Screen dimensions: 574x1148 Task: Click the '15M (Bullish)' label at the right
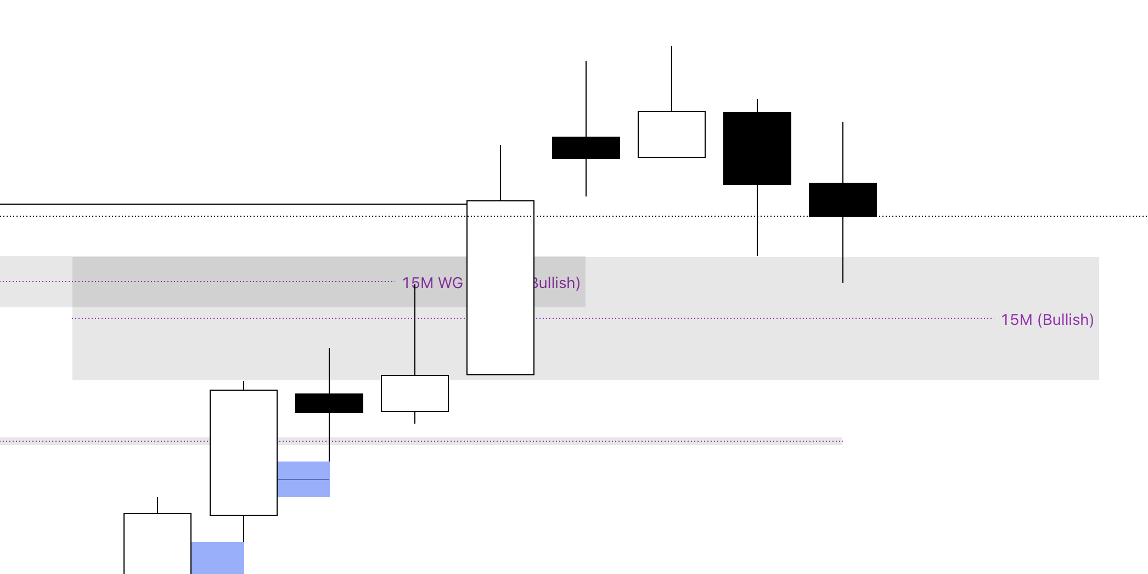coord(1047,319)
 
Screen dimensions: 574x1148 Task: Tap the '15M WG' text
coord(433,283)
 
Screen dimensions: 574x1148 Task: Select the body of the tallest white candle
coord(500,288)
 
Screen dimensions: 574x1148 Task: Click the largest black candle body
coord(757,148)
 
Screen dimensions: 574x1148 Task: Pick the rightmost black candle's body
coord(842,200)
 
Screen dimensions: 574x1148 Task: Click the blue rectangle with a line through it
coord(303,479)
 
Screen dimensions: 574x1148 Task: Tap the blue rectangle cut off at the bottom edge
coord(217,558)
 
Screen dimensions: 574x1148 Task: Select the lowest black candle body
coord(329,403)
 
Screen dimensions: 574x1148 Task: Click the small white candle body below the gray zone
coord(414,393)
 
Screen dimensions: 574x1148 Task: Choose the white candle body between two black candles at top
coord(671,134)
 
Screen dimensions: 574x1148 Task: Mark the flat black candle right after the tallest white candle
coord(586,148)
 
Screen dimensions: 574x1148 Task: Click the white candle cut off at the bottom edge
coord(157,543)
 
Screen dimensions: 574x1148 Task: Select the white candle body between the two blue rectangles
coord(243,453)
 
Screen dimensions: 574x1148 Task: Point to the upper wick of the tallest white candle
coord(500,173)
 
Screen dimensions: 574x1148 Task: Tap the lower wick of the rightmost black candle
coord(843,250)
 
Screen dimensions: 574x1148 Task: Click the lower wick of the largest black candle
coord(757,220)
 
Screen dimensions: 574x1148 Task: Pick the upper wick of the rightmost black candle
coord(843,152)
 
